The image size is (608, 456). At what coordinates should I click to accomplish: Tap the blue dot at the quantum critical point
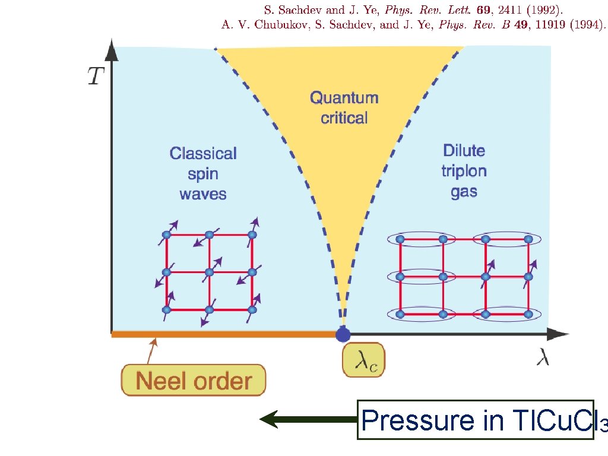pyautogui.click(x=343, y=335)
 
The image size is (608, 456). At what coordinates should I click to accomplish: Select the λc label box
pyautogui.click(x=363, y=359)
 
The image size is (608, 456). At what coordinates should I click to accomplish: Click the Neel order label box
pyautogui.click(x=194, y=380)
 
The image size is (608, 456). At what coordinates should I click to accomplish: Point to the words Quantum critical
pyautogui.click(x=344, y=107)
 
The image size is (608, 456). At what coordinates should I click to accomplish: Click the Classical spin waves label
pyautogui.click(x=203, y=173)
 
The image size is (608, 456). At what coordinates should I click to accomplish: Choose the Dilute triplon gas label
pyautogui.click(x=464, y=171)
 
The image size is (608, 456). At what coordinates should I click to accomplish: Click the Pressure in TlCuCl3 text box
pyautogui.click(x=475, y=420)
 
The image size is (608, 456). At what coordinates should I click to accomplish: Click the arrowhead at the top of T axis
pyautogui.click(x=110, y=52)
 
